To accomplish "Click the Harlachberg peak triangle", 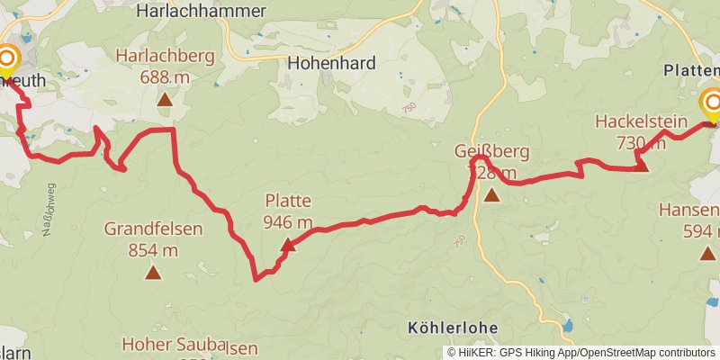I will (x=165, y=98).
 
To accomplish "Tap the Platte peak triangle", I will (x=287, y=244).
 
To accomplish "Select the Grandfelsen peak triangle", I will (x=153, y=272).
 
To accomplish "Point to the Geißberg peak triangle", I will (x=491, y=194).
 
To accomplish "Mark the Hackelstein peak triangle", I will (x=642, y=164).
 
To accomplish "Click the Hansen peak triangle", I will (x=708, y=253).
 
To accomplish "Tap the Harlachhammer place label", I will (x=201, y=12).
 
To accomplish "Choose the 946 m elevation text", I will (x=288, y=222).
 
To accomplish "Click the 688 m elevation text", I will (x=165, y=76).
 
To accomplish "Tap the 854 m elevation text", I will (x=153, y=250).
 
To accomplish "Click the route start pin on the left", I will (x=7, y=61).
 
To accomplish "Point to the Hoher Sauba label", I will (x=175, y=345).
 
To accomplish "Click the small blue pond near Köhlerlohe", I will (x=568, y=325).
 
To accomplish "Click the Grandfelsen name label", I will (x=153, y=229).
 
